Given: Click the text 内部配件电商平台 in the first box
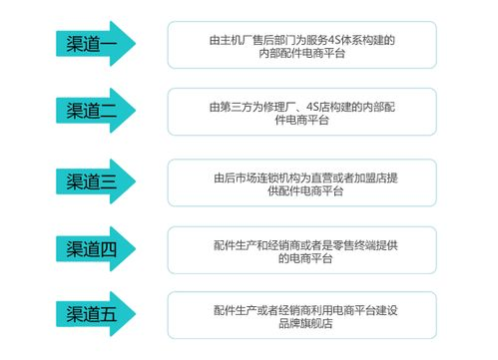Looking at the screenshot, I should (301, 53).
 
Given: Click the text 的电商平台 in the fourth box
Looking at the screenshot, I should (301, 257).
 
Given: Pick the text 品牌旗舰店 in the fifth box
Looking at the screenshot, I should (301, 324).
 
